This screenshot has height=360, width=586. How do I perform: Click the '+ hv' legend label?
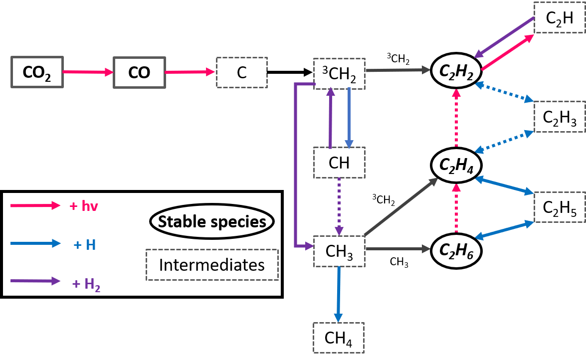click(x=84, y=206)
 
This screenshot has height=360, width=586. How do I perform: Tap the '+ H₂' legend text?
click(x=86, y=284)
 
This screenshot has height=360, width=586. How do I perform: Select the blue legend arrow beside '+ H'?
click(x=35, y=244)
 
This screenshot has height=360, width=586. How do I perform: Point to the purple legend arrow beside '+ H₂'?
click(x=35, y=281)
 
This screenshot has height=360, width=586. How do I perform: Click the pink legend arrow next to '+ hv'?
click(x=35, y=205)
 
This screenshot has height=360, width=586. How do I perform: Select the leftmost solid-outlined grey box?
click(x=37, y=72)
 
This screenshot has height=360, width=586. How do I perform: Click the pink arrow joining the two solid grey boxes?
click(x=88, y=72)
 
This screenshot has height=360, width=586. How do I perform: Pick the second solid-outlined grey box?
click(x=140, y=72)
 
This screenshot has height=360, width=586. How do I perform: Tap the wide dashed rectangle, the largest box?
click(x=212, y=265)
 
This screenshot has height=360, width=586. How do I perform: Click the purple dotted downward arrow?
click(x=339, y=206)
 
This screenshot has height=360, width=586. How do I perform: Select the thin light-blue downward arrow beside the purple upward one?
click(x=349, y=118)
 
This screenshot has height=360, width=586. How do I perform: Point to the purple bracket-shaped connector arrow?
click(x=296, y=165)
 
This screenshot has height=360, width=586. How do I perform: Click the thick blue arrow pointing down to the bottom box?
click(x=338, y=294)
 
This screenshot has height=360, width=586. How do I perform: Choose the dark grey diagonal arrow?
click(x=400, y=207)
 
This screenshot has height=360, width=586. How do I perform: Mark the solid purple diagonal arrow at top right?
click(x=504, y=37)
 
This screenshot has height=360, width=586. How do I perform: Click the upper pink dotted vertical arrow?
click(x=456, y=118)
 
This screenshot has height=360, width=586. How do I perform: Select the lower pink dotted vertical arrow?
click(x=456, y=208)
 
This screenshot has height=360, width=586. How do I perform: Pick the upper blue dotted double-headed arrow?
click(x=504, y=92)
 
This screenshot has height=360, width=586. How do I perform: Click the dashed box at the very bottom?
click(x=338, y=338)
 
